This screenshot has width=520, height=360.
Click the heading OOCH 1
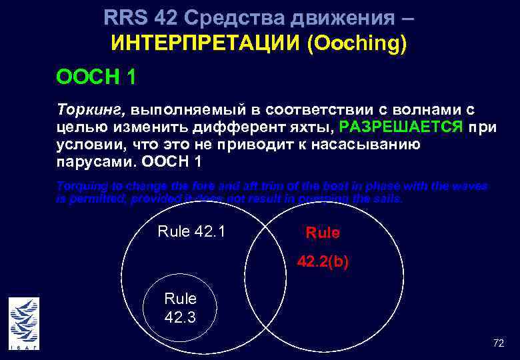point(97,78)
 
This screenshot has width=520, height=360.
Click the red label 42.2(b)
point(323,262)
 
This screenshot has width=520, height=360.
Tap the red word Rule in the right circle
point(323,233)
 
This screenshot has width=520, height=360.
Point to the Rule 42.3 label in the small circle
point(180,308)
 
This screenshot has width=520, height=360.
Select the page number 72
point(498,343)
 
